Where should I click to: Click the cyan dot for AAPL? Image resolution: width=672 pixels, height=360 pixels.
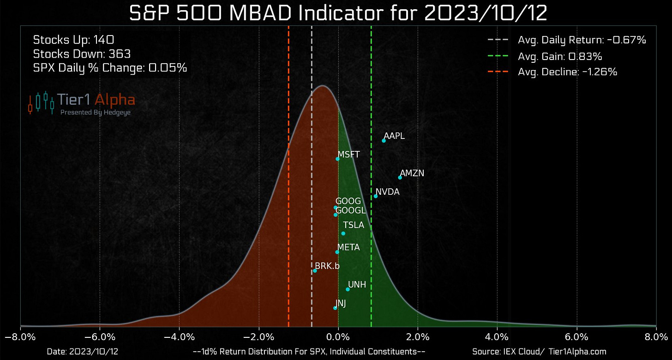coord(384,140)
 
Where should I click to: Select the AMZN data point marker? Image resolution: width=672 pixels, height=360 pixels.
coord(400,177)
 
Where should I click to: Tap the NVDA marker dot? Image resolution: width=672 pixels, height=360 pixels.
coord(375,196)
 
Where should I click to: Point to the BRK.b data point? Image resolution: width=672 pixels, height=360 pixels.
coord(315,270)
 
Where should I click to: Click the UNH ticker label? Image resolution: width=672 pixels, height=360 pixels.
coord(357,284)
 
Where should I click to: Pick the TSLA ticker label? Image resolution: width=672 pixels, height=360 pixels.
coord(354,225)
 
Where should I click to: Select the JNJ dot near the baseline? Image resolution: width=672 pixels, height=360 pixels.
coord(335,308)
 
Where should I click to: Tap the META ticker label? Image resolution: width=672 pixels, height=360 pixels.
coord(348,247)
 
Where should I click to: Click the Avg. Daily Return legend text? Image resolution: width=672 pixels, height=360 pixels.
coord(582,40)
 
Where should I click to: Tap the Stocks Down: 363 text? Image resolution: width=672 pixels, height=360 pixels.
coord(82,54)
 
